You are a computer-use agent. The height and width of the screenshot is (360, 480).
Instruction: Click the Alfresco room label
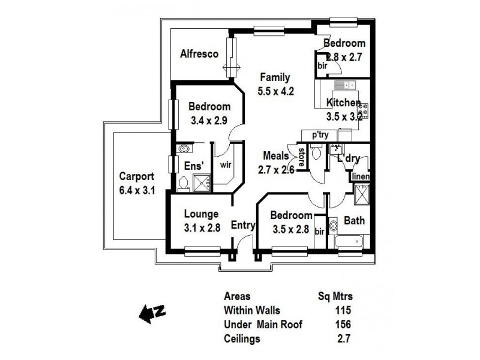pyautogui.click(x=199, y=54)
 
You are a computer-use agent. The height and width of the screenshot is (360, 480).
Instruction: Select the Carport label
pyautogui.click(x=137, y=177)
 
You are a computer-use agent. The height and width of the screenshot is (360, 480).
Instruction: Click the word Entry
pyautogui.click(x=243, y=226)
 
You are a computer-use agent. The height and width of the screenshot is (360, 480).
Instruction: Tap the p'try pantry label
pyautogui.click(x=319, y=136)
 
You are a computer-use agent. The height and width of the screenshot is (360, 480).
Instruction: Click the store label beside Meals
pyautogui.click(x=301, y=157)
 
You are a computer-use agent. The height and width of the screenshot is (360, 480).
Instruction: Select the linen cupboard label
pyautogui.click(x=359, y=176)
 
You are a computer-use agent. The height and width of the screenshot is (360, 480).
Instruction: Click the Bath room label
pyautogui.click(x=354, y=221)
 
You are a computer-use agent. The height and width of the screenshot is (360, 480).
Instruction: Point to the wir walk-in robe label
pyautogui.click(x=226, y=163)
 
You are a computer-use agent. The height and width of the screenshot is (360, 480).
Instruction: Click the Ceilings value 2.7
pyautogui.click(x=344, y=339)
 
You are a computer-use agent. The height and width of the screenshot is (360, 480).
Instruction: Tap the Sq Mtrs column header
pyautogui.click(x=334, y=296)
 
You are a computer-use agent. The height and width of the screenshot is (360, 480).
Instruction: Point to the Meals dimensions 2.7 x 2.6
pyautogui.click(x=277, y=170)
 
